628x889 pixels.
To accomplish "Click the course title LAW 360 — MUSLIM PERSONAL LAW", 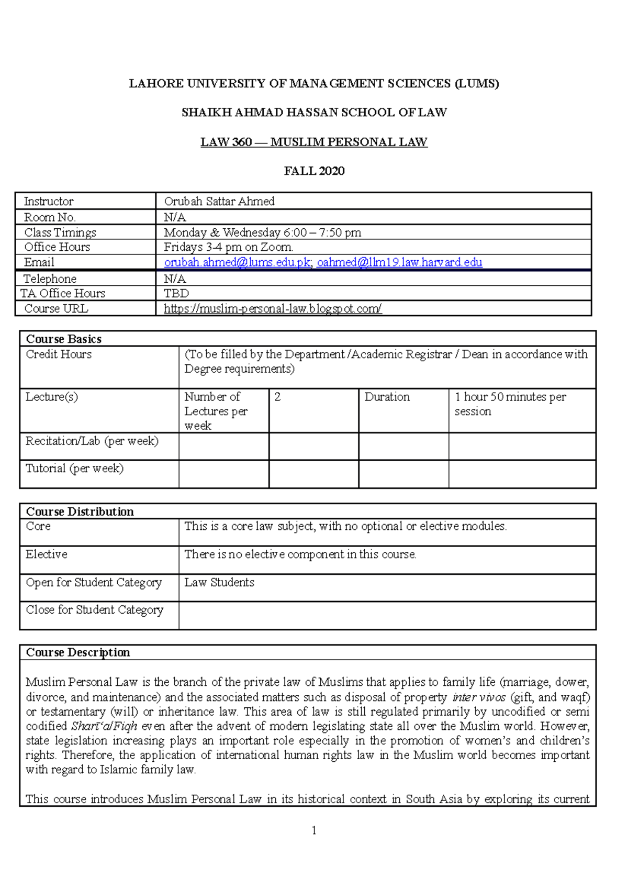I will click(x=314, y=142).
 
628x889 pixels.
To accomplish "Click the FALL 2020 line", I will click(x=314, y=171).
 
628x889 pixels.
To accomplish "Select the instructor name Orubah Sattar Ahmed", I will click(x=219, y=201).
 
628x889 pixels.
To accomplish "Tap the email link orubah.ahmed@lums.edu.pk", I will click(x=237, y=262).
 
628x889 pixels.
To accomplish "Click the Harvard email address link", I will click(x=399, y=262).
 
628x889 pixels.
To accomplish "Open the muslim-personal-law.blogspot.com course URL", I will click(x=273, y=308).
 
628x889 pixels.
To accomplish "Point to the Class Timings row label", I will click(x=60, y=232).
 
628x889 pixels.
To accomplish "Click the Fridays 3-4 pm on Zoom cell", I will click(x=228, y=247).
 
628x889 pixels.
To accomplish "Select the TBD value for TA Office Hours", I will click(x=176, y=293).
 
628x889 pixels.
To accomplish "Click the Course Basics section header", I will click(x=64, y=339).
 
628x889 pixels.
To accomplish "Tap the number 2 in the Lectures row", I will click(x=277, y=397).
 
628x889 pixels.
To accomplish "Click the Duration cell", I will click(x=387, y=397).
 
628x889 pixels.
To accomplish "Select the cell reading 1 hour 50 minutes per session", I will click(x=510, y=404).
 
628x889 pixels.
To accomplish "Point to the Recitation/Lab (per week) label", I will click(x=92, y=441).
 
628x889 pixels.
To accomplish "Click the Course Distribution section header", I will click(x=80, y=512).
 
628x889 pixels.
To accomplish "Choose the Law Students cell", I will click(x=219, y=582).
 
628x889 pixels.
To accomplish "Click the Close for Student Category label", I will click(x=94, y=610).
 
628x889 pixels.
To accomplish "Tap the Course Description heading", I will click(x=78, y=652).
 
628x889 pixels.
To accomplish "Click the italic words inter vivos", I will click(x=479, y=697).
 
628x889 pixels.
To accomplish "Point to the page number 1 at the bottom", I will click(x=313, y=830).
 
